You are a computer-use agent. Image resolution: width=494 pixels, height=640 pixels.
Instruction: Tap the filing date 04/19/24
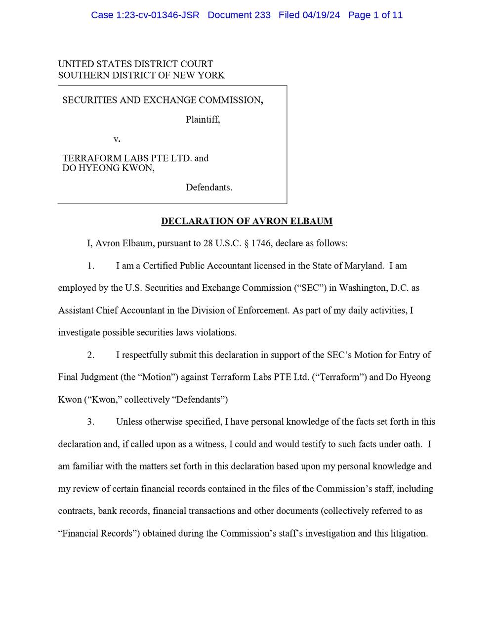click(x=322, y=15)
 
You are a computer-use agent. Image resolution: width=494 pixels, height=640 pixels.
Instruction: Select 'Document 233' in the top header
click(x=239, y=15)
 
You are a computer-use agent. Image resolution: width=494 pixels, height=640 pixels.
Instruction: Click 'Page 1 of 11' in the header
click(x=375, y=15)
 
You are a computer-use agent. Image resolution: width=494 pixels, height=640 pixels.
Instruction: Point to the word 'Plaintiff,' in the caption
click(x=203, y=120)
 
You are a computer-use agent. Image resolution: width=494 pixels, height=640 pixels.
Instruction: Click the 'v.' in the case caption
click(x=117, y=139)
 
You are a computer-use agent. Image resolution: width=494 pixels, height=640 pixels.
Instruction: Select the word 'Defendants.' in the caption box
click(x=209, y=187)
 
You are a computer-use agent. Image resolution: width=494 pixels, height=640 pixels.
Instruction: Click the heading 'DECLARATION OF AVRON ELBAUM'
click(x=247, y=221)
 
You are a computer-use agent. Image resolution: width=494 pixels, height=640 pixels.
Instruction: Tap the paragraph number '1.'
click(x=91, y=266)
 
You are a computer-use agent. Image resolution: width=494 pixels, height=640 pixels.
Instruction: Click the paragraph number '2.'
click(x=91, y=355)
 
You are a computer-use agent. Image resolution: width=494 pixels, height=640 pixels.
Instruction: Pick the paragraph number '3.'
click(x=91, y=422)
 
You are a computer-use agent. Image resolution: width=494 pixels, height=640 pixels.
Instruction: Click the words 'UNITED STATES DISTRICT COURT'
click(x=135, y=64)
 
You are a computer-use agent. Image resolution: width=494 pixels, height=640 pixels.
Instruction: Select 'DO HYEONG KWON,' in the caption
click(x=108, y=168)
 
